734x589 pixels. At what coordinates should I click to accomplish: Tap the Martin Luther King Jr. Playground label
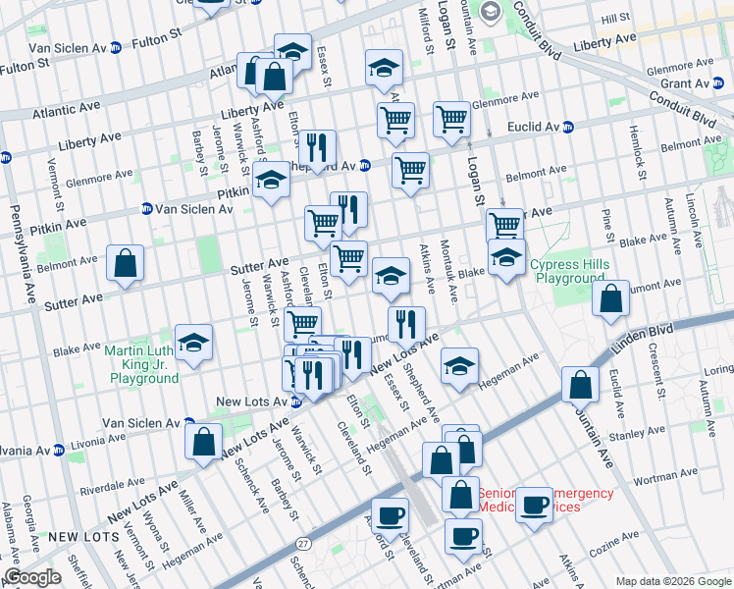pos(144,365)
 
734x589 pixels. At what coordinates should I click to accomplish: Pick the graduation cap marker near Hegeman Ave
pos(458,365)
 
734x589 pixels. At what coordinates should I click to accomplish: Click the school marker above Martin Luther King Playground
pos(194,343)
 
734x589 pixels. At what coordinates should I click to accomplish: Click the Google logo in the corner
pos(32,577)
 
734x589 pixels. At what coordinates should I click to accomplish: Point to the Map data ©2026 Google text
pos(673,581)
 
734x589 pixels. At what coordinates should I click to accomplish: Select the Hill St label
pos(615,19)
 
